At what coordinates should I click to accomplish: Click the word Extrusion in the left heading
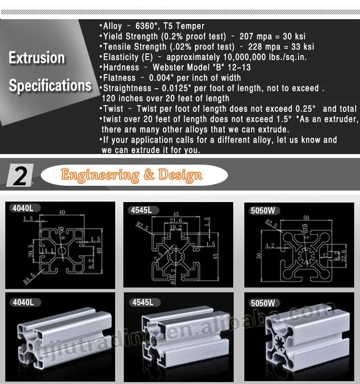pyautogui.click(x=37, y=58)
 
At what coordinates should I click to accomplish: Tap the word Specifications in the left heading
pyautogui.click(x=50, y=85)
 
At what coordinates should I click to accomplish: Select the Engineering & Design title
pyautogui.click(x=132, y=175)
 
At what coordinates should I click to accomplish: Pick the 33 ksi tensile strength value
pyautogui.click(x=302, y=47)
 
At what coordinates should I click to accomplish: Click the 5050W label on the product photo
pyautogui.click(x=264, y=303)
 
